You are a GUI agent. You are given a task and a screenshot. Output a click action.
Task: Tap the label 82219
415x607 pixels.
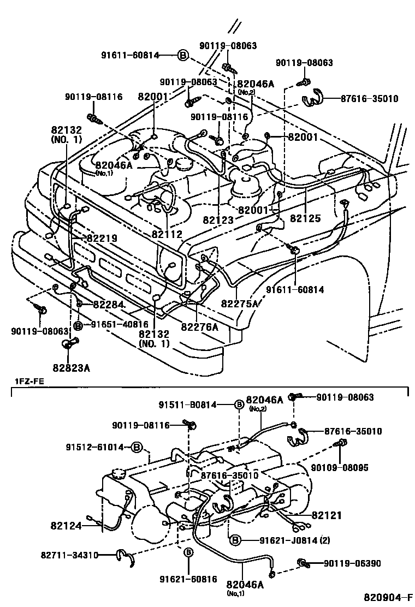click(x=101, y=239)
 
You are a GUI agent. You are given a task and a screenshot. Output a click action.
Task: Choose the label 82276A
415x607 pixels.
click(x=199, y=327)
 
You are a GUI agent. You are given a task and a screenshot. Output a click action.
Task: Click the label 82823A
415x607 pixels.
click(x=72, y=367)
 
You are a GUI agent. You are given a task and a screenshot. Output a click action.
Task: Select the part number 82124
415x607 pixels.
click(x=66, y=526)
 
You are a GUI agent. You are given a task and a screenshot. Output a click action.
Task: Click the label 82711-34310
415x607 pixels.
click(x=69, y=555)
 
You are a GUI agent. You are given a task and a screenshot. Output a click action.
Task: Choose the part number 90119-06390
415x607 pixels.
click(x=352, y=563)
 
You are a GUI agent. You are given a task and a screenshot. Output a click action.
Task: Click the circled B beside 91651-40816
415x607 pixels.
click(x=78, y=326)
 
